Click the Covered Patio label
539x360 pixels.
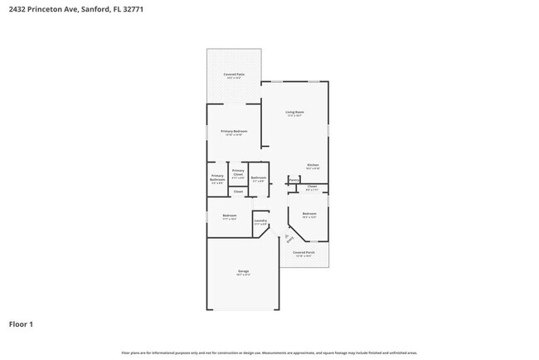(234, 75)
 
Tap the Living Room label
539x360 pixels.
(294, 112)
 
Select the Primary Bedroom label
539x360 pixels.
(234, 131)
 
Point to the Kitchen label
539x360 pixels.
(313, 165)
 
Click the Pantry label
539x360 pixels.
(294, 179)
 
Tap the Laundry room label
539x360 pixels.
(260, 220)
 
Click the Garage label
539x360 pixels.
(244, 271)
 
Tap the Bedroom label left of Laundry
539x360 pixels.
(230, 215)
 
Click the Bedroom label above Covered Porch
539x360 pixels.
(309, 214)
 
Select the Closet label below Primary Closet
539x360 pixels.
(238, 192)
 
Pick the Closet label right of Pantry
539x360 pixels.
(312, 187)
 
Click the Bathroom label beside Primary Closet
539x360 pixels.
(259, 178)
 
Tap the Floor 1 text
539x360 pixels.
(22, 324)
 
